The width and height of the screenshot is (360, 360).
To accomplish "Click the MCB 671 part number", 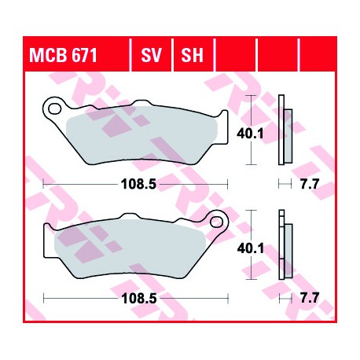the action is [63, 55].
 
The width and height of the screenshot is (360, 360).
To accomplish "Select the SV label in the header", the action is [152, 55].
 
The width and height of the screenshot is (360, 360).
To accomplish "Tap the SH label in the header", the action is [192, 55].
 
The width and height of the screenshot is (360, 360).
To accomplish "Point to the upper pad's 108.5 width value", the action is [138, 184].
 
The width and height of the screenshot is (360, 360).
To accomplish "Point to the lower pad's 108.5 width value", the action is [139, 298].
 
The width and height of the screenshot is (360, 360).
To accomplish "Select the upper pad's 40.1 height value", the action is [250, 134].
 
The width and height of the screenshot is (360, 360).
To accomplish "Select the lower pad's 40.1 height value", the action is [251, 248].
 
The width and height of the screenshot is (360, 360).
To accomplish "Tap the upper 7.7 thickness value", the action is [310, 184].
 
